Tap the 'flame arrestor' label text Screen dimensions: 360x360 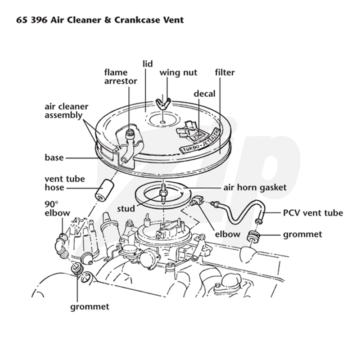(x=121, y=76)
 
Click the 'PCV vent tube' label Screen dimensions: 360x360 (x=313, y=213)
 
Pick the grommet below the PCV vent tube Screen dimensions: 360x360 (x=253, y=236)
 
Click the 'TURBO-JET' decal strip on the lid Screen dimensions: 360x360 (x=200, y=141)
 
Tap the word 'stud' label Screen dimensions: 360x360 (x=126, y=209)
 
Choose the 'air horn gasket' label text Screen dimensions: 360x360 (x=255, y=188)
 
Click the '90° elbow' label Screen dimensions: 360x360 (x=57, y=208)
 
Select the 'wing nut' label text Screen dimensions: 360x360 (x=178, y=73)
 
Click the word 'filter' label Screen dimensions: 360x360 (x=225, y=72)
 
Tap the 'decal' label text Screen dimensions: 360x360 (x=204, y=94)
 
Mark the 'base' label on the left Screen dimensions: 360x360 (x=54, y=158)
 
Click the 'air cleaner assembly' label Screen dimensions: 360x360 (x=66, y=111)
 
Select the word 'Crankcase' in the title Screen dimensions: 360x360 (x=137, y=20)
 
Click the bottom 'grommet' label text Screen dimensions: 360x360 (x=90, y=307)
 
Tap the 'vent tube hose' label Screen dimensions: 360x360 (x=65, y=183)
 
